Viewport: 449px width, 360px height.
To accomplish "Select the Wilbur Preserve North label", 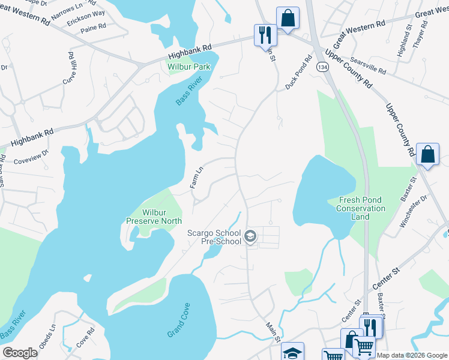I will click(153, 216).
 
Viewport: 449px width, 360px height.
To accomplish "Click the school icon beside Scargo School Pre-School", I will click(250, 237).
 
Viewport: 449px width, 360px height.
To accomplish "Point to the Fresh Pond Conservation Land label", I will click(361, 204).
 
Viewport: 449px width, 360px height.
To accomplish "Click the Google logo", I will click(20, 353).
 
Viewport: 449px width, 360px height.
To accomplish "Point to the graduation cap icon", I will click(292, 352).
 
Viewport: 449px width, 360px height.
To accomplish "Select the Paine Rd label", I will click(93, 28).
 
